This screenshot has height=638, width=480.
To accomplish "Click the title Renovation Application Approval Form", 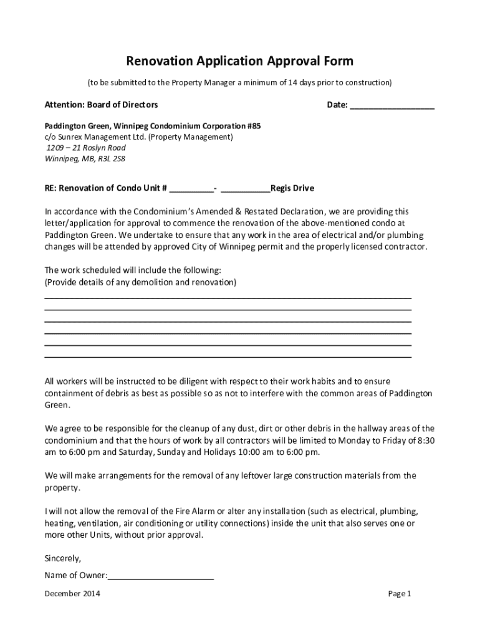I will click(x=240, y=61).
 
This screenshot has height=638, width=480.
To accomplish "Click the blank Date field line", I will click(x=392, y=106).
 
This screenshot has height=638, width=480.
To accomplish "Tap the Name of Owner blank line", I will click(x=161, y=576).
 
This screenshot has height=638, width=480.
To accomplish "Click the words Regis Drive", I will click(x=292, y=188).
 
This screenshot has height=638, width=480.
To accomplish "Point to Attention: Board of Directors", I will click(x=101, y=105).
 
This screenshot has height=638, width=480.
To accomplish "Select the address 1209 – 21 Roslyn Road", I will click(x=85, y=148).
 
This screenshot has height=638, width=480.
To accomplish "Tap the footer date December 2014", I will click(x=72, y=594).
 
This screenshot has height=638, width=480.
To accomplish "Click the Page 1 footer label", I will click(x=400, y=594).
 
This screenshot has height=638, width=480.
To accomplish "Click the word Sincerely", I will click(x=63, y=558).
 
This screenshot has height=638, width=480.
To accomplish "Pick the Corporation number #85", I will click(x=254, y=126).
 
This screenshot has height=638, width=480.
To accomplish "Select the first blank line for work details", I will click(x=228, y=298).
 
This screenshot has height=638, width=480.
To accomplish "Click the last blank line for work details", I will click(x=228, y=357).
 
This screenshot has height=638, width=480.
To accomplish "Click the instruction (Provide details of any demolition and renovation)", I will click(x=140, y=282).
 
